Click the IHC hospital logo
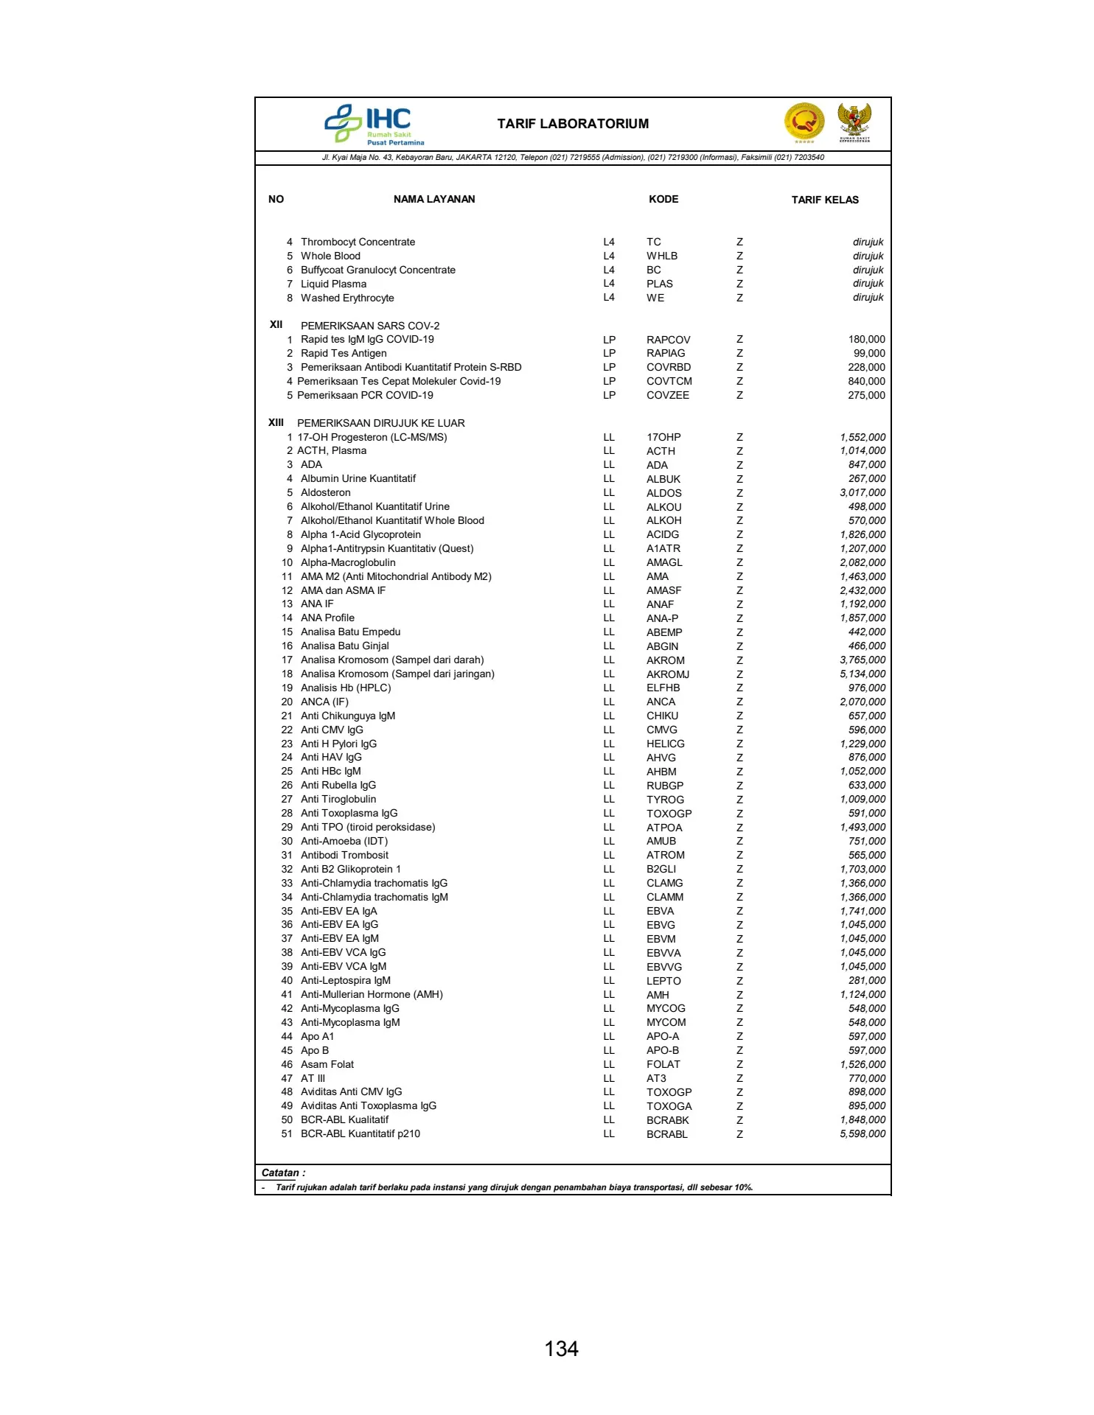coord(374,124)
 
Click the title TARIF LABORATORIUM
coord(573,124)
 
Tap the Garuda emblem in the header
coord(854,122)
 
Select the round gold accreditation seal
coord(804,122)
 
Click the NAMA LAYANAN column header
coord(434,199)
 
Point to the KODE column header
coord(663,199)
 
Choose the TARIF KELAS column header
coord(825,200)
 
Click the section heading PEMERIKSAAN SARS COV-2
coord(370,326)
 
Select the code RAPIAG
coord(666,354)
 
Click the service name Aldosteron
coord(326,492)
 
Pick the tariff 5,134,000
coord(863,674)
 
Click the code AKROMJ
coord(668,674)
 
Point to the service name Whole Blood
coord(330,256)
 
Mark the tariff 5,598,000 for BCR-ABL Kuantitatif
coord(863,1133)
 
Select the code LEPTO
coord(663,981)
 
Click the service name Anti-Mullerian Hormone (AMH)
coord(372,994)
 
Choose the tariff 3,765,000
coord(863,660)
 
